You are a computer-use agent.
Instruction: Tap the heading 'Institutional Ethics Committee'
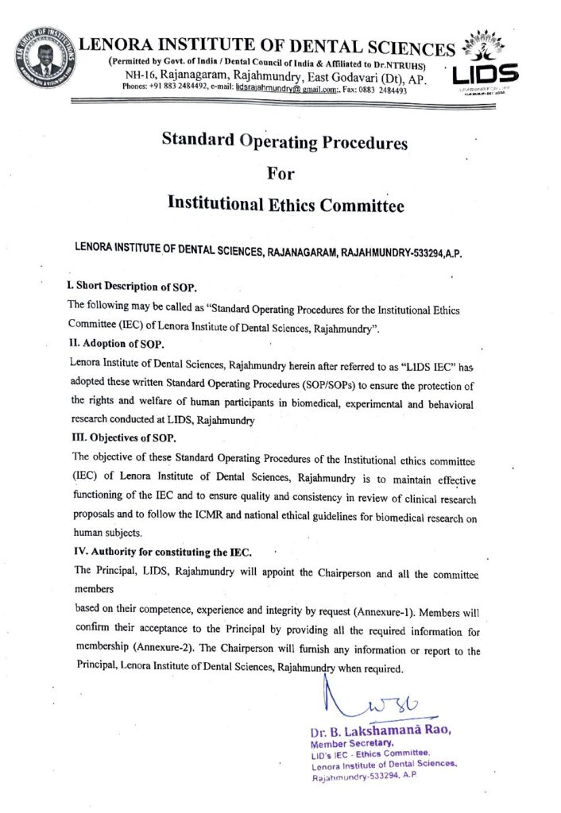(285, 205)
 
